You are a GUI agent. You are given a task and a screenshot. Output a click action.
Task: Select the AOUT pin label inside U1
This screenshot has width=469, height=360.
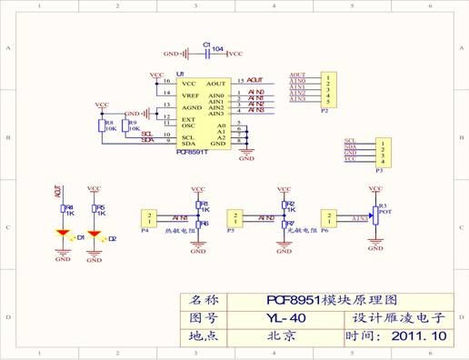click(215, 83)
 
